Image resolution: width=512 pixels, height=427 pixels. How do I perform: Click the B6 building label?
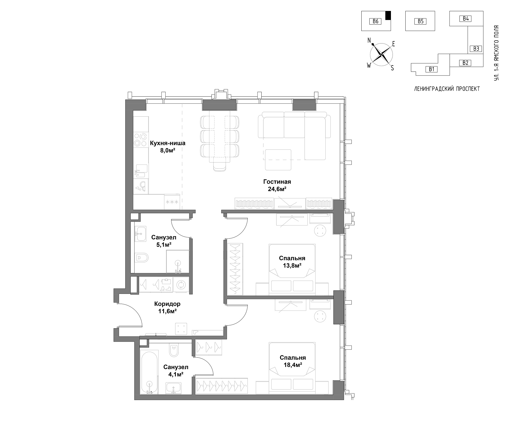[x=375, y=21]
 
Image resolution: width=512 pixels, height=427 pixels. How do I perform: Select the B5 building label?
[x=421, y=21]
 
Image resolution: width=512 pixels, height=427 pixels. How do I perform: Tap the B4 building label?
[x=466, y=19]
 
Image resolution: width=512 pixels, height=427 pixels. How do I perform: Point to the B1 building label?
[x=431, y=69]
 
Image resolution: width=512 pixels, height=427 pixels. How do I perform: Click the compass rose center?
[x=381, y=54]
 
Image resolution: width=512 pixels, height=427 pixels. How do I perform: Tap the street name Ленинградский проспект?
[x=447, y=89]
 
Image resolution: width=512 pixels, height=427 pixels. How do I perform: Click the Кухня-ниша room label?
[x=167, y=143]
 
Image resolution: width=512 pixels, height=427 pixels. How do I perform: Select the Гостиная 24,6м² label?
[x=277, y=185]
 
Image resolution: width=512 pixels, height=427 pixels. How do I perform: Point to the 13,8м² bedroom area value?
[x=292, y=265]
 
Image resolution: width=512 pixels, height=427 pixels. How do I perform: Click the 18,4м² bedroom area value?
[x=293, y=365]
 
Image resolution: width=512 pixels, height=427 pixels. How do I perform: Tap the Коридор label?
[x=167, y=304]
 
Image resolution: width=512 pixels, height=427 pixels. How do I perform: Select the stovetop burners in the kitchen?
[x=140, y=140]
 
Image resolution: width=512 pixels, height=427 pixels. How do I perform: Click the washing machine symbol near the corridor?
[x=181, y=284]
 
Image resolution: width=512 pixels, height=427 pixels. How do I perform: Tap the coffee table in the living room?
[x=278, y=160]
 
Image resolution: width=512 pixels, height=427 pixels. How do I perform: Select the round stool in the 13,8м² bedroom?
[x=320, y=230]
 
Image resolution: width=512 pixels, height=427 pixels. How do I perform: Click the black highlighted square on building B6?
[x=388, y=15]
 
